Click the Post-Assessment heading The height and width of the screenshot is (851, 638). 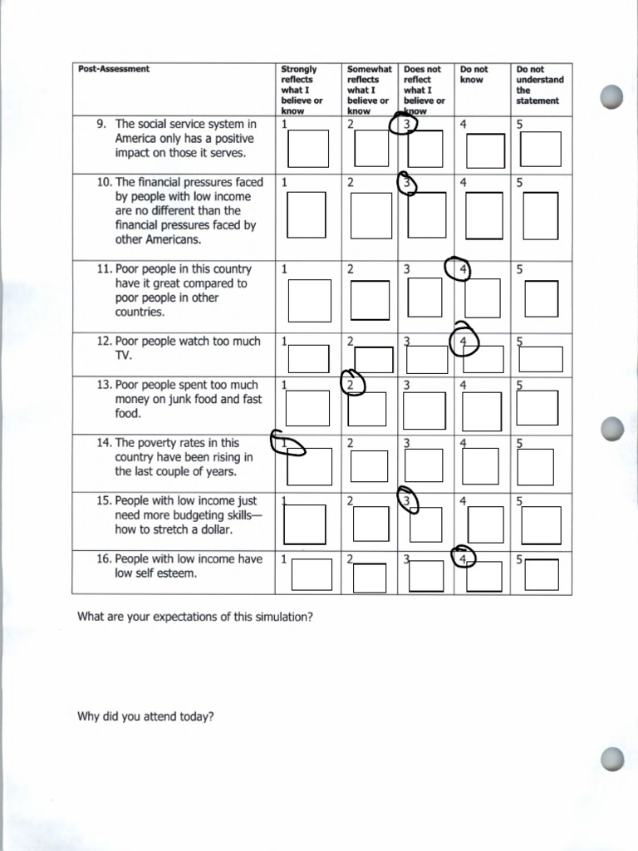114,69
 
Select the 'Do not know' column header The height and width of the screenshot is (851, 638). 474,75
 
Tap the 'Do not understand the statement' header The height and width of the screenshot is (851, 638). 539,85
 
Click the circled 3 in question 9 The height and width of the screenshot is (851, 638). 405,125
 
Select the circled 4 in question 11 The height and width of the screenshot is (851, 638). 459,269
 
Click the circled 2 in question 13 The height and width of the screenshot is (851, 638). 353,384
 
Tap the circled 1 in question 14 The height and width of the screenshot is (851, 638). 287,444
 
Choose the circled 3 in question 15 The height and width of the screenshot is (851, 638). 407,500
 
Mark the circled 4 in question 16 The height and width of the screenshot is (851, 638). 464,559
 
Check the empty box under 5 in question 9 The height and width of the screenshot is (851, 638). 540,149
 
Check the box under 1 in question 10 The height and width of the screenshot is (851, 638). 306,214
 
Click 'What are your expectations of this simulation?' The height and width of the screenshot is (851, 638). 195,617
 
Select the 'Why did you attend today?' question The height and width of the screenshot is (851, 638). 145,716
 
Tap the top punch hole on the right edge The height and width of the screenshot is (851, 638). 611,97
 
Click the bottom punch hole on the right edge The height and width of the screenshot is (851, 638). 611,759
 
